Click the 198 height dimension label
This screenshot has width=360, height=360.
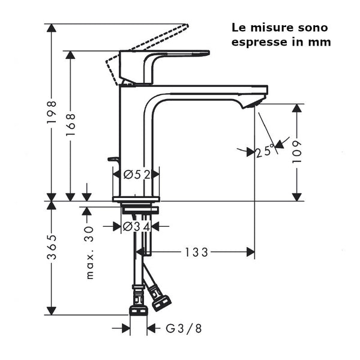[x=52, y=112]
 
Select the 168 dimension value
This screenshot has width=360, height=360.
[x=71, y=124]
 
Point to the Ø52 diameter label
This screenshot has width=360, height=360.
[x=136, y=174]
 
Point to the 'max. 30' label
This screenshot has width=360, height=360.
[x=91, y=252]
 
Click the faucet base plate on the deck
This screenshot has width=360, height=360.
[x=136, y=198]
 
